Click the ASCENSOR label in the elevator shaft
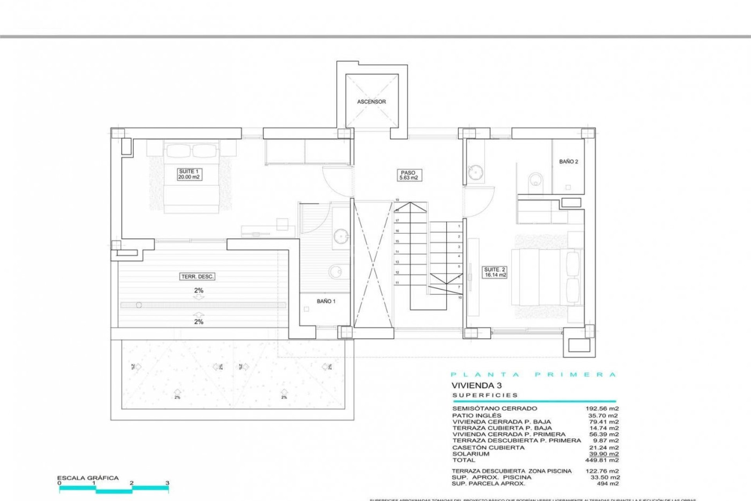pos(371,102)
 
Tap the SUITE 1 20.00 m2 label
pos(189,174)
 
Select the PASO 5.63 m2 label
pos(408,175)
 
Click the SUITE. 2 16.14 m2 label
pos(495,272)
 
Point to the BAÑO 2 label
pos(568,162)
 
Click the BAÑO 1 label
pos(326,301)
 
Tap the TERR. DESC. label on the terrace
pos(198,277)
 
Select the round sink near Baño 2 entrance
pos(475,172)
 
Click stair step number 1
pos(459,226)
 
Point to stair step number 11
pos(397,283)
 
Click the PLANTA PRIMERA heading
pos(534,375)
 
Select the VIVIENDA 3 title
pos(476,386)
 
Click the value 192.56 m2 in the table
pos(602,408)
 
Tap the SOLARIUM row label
pos(471,454)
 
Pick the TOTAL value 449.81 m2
pos(602,460)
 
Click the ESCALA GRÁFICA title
pos(88,478)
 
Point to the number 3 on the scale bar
pos(167,483)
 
